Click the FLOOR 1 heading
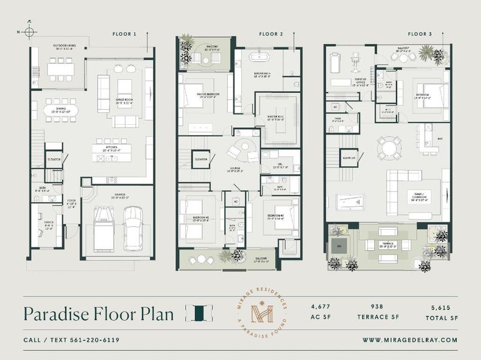pyautogui.click(x=124, y=34)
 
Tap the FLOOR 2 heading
pyautogui.click(x=272, y=34)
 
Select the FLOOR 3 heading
pyautogui.click(x=419, y=34)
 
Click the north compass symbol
pyautogui.click(x=30, y=31)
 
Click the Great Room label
pyautogui.click(x=125, y=101)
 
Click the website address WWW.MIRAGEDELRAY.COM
pyautogui.click(x=410, y=340)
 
